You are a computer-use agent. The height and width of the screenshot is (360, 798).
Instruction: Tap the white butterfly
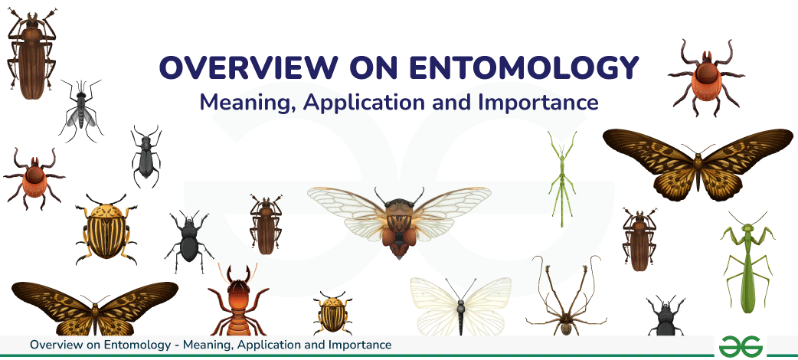(x=460, y=302)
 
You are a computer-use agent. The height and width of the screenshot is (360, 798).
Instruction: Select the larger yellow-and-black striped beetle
(x=104, y=228)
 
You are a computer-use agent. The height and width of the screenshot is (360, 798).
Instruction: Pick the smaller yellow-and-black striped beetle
(x=332, y=314)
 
